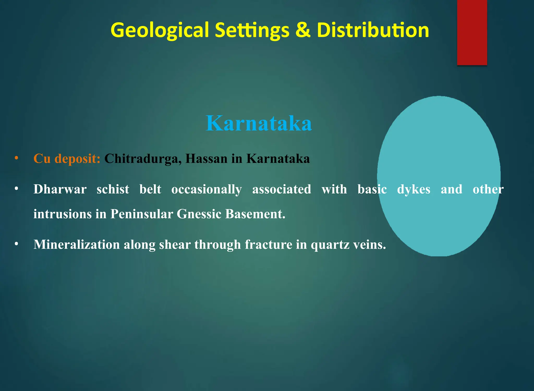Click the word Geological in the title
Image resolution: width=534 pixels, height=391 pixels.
tap(160, 30)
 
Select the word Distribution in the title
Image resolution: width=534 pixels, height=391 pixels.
tap(373, 30)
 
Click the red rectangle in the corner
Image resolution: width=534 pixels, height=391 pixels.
tap(472, 32)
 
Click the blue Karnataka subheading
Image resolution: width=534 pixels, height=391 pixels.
tap(259, 123)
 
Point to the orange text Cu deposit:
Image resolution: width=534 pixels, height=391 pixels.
tap(67, 159)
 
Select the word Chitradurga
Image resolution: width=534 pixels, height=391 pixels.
tap(143, 159)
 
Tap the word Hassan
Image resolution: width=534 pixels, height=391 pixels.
tap(206, 159)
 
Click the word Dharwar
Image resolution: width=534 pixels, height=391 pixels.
tap(60, 189)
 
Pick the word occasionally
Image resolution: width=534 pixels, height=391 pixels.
tap(207, 189)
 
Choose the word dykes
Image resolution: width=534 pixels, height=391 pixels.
tap(414, 189)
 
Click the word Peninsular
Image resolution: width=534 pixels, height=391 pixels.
tap(142, 214)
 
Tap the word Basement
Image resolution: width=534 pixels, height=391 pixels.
tap(255, 214)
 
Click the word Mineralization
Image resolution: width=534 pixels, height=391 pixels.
tap(76, 245)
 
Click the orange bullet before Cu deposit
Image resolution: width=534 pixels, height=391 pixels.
tap(16, 158)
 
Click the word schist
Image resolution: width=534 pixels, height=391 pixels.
tap(113, 189)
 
